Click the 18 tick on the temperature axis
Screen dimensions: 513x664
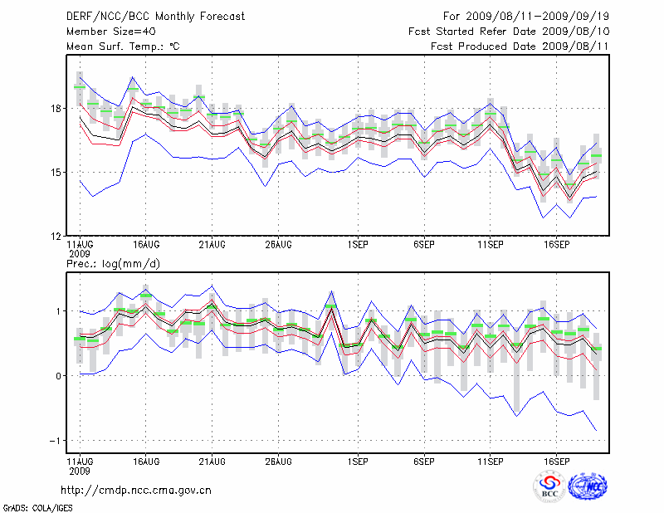(56, 109)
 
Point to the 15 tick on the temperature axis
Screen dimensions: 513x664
(56, 172)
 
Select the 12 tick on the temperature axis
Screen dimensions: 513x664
(56, 236)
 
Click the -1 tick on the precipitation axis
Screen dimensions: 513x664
(56, 440)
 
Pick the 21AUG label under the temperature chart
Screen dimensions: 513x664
(212, 246)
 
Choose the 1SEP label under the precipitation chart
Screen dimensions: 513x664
(358, 460)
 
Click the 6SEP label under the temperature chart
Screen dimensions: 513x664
(424, 246)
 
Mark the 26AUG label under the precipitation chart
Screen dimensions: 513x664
(279, 460)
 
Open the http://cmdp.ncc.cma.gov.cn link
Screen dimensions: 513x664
(136, 490)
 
